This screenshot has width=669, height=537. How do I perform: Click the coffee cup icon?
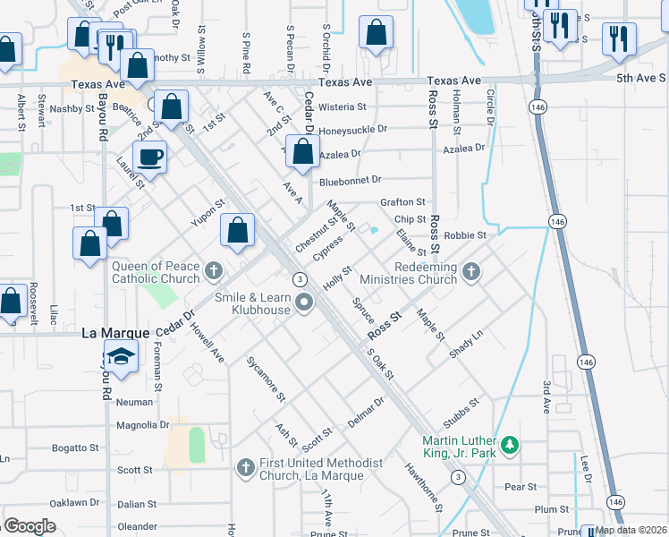pos(150,157)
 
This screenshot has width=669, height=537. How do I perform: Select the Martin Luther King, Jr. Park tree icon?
pos(509,444)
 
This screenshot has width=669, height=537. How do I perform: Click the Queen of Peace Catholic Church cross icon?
pos(213,269)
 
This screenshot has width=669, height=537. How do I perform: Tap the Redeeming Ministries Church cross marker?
pos(471,269)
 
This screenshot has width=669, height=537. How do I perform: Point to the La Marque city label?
pos(115,332)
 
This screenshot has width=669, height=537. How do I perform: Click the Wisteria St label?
pos(343,107)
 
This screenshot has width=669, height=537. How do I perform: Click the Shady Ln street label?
pos(466,341)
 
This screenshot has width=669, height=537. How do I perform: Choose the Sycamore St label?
pos(266,379)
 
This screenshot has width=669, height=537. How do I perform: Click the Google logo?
pos(30,526)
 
